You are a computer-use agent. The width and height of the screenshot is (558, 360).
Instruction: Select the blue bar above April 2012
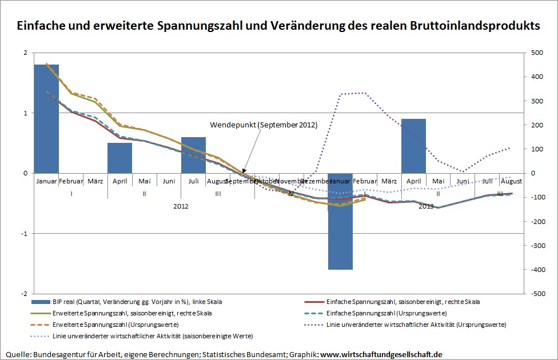[x=119, y=158]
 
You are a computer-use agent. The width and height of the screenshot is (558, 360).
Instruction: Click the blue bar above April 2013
[x=413, y=146]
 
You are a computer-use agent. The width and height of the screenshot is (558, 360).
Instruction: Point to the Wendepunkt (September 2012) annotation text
[x=263, y=125]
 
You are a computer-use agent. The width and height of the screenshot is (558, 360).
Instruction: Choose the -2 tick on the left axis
[x=23, y=294]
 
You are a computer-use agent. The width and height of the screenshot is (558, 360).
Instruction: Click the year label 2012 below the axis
[x=181, y=206]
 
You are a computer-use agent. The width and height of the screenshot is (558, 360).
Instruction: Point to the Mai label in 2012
[x=144, y=182]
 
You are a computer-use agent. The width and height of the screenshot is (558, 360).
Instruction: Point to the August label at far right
[x=511, y=182]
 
